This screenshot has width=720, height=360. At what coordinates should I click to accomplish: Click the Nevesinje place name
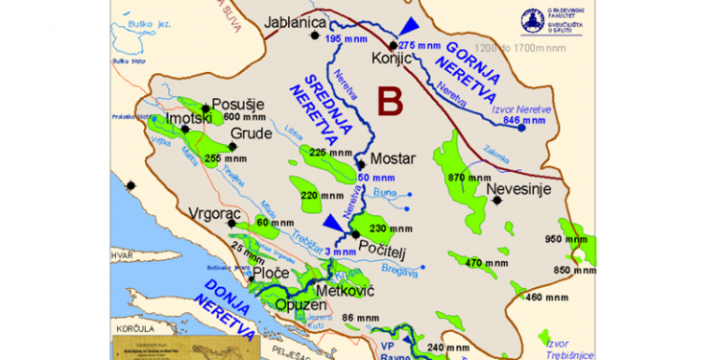(x=518, y=189)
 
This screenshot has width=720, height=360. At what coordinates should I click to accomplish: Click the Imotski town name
(x=188, y=118)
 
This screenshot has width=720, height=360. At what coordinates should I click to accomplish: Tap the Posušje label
(x=237, y=104)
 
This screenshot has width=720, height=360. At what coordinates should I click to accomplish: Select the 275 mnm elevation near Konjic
(x=420, y=45)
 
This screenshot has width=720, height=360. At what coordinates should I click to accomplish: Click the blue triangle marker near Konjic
(x=410, y=25)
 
